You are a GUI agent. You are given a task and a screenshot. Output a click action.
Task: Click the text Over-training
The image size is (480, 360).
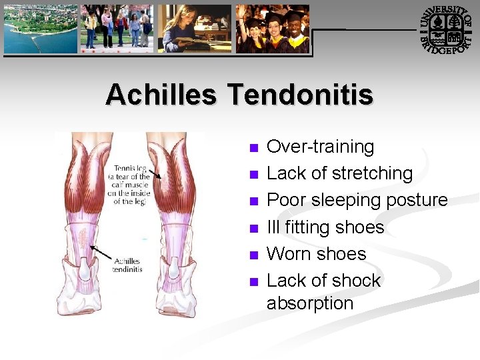coord(320,147)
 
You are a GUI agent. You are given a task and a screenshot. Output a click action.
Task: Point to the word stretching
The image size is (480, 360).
coord(372,173)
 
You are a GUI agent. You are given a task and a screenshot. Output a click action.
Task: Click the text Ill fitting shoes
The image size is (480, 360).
coord(325,227)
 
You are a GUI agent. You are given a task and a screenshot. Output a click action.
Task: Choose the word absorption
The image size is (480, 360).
coord(310,303)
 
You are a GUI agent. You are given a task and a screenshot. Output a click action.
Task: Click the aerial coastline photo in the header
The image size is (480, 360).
coord(40,29)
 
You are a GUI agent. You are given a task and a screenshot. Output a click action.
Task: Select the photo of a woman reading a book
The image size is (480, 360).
coord(194,29)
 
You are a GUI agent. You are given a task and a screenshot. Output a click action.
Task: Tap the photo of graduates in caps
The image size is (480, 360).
coord(273,29)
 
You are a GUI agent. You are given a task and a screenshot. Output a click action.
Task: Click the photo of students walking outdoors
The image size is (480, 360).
coord(117,29)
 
